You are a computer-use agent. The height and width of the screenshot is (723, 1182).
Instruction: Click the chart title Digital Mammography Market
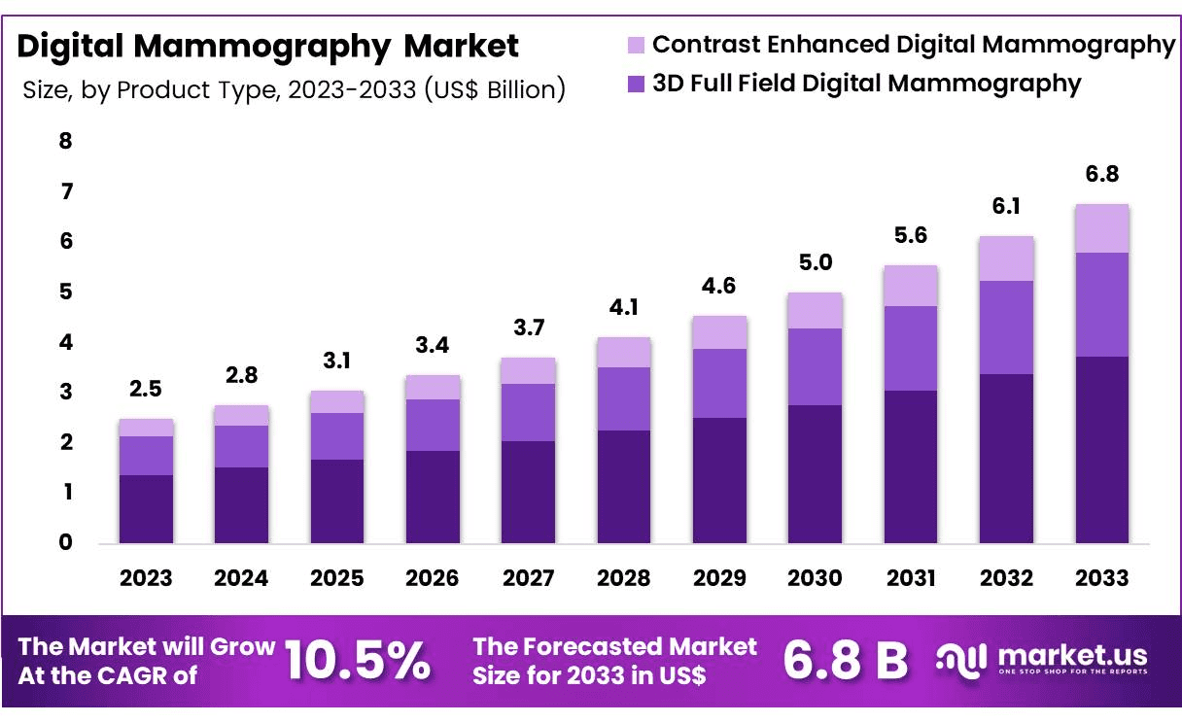tap(269, 46)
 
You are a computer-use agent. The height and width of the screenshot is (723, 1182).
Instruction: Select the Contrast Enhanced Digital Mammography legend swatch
tap(637, 45)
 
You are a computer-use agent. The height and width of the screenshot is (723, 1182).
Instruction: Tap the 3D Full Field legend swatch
tap(637, 85)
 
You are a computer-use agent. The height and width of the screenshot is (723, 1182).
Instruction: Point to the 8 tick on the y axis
tap(66, 141)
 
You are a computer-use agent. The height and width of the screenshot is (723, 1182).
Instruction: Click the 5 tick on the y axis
tap(66, 293)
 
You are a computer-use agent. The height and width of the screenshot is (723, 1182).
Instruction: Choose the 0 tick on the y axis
tap(66, 542)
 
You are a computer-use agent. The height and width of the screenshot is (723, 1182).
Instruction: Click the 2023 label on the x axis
tap(146, 578)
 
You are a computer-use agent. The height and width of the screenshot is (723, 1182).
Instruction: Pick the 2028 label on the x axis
tap(623, 578)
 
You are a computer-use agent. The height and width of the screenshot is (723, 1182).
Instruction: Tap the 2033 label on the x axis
tap(1101, 578)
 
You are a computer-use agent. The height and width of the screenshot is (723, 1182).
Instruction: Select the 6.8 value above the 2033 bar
tap(1101, 175)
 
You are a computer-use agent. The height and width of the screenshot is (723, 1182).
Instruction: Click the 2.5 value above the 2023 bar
tap(146, 390)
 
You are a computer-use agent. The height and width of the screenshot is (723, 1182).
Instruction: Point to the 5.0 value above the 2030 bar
tap(815, 263)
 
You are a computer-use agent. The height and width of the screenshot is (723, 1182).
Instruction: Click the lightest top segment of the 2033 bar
tap(1101, 228)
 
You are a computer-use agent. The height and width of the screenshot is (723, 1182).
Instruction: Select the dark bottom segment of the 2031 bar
tap(910, 466)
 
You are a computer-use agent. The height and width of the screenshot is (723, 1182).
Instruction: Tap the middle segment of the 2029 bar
tap(719, 383)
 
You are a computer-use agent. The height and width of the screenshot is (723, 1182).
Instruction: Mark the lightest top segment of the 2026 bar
tap(433, 387)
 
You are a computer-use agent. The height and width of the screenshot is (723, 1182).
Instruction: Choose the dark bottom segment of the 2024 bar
tap(241, 505)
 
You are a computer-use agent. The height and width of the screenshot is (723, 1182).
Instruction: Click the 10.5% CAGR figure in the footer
tap(359, 661)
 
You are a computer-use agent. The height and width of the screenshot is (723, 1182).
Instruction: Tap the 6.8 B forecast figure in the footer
tap(845, 661)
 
